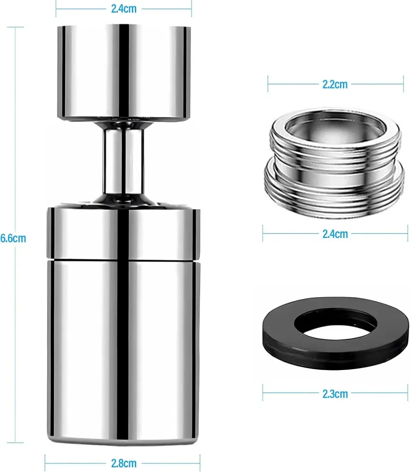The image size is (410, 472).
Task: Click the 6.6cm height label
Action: click(x=13, y=238)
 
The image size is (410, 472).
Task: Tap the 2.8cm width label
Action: click(x=124, y=464)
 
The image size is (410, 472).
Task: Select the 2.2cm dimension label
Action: click(x=335, y=84)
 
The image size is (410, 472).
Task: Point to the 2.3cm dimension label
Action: click(x=335, y=394)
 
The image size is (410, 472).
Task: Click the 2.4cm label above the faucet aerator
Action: click(x=124, y=8)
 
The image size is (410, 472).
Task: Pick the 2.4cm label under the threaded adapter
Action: click(x=335, y=234)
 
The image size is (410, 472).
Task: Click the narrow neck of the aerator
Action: click(x=123, y=161)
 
